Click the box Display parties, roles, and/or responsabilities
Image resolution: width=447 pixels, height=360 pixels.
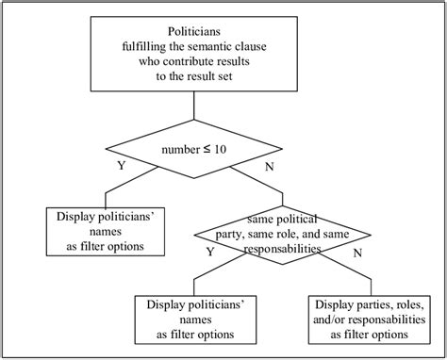(371, 319)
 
